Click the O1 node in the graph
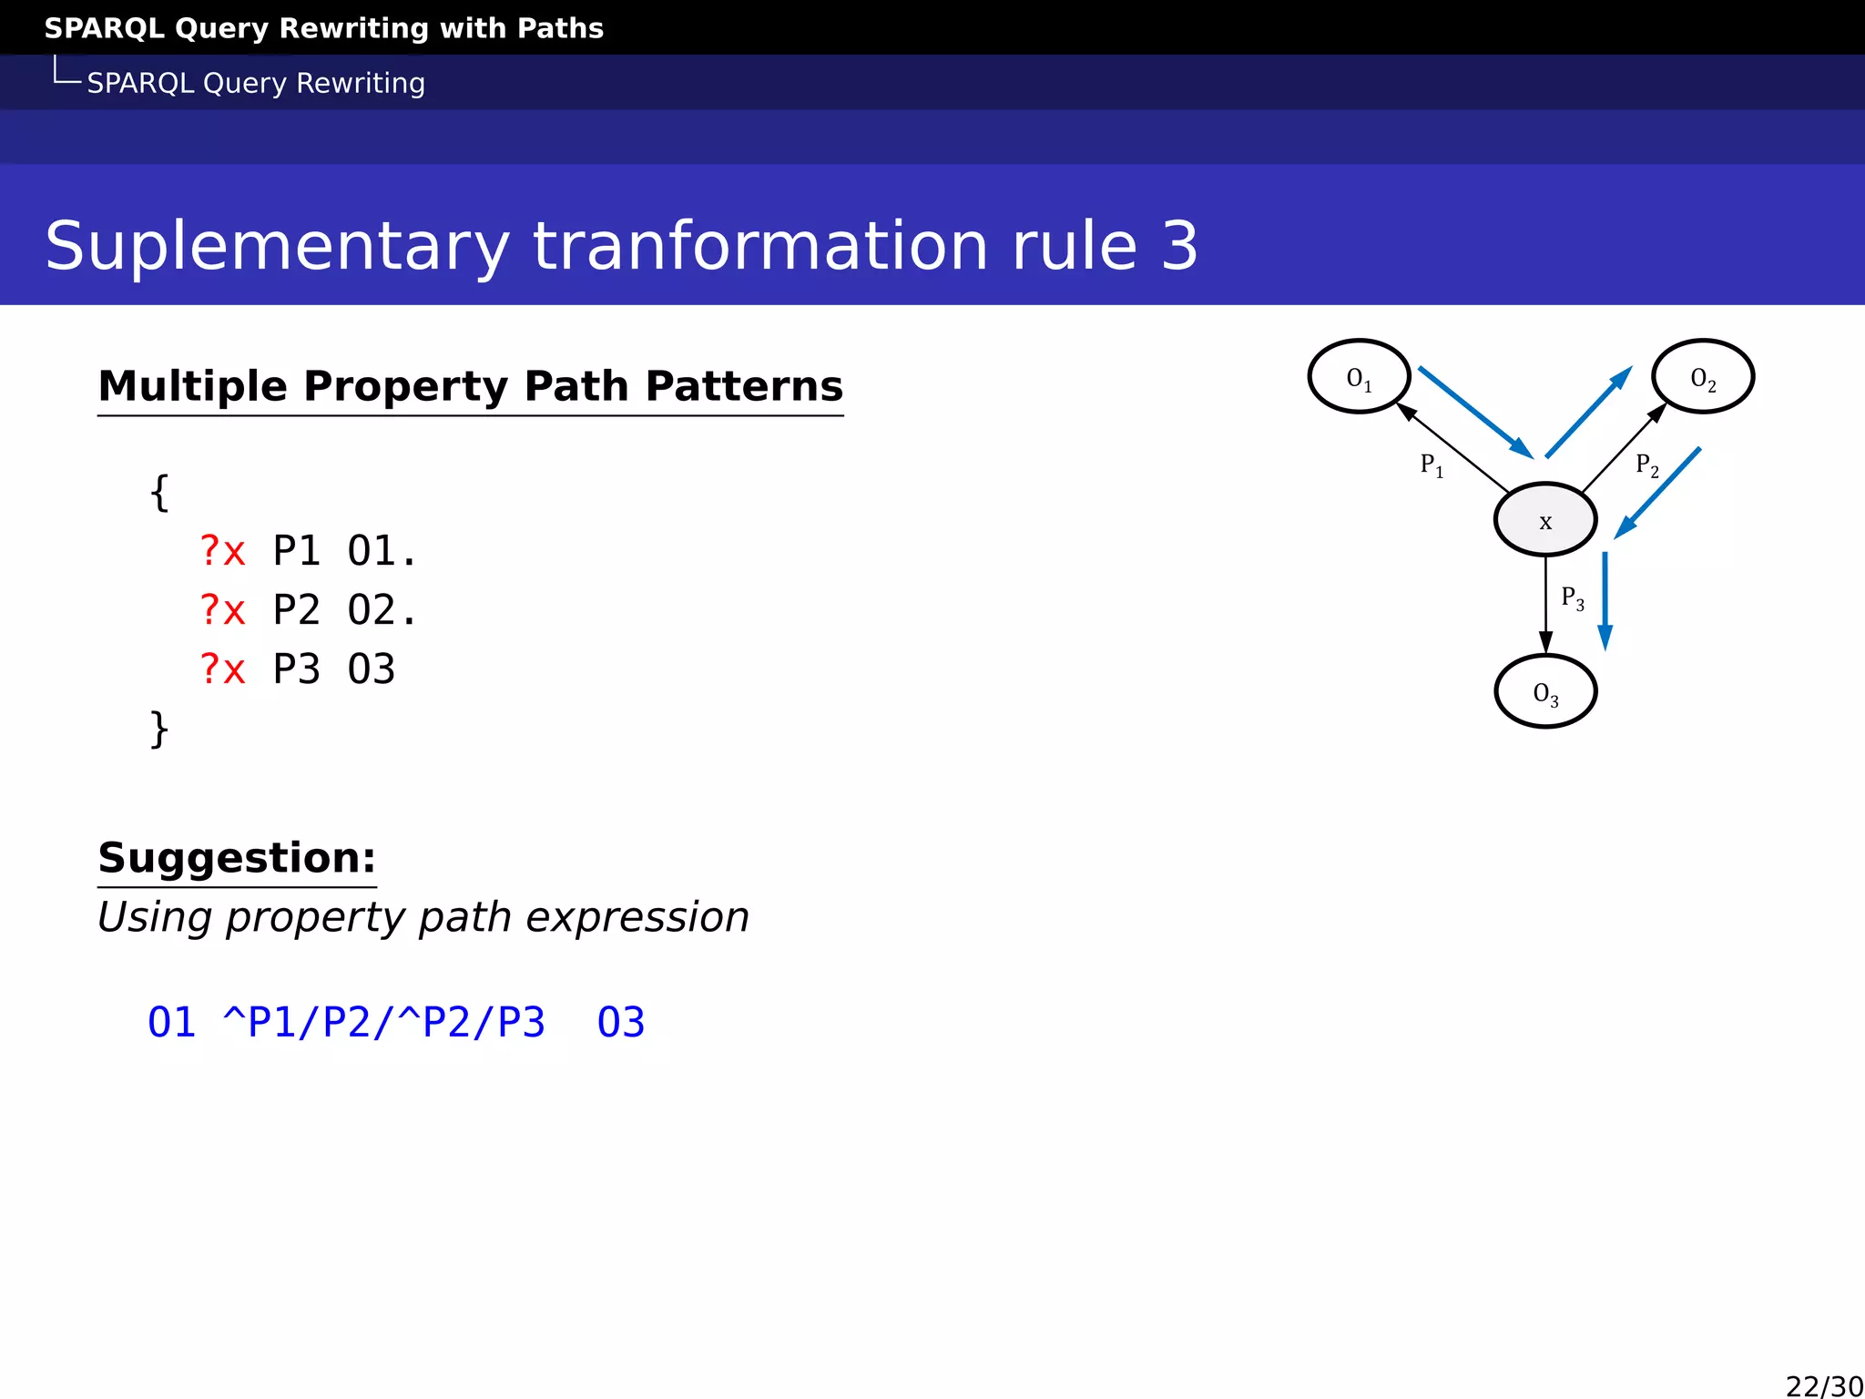1359,376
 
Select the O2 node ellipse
1702,376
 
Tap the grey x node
1545,520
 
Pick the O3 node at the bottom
1545,691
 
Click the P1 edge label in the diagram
1432,465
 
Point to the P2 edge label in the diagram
1646,465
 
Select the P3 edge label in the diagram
1573,598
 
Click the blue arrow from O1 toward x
1475,412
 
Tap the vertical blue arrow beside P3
1605,601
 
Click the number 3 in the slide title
1179,246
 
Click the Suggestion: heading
237,858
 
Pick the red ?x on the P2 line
223,610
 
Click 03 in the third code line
371,669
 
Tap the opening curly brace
159,493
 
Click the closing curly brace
159,729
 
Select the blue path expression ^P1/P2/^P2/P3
384,1022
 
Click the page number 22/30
1823,1385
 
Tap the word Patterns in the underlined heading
744,386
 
